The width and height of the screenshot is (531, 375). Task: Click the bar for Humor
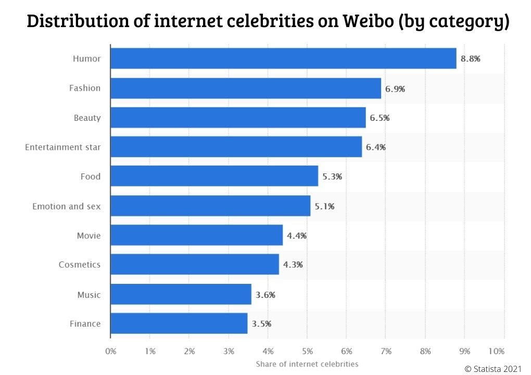pos(283,58)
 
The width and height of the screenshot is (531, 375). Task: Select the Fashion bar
pos(246,88)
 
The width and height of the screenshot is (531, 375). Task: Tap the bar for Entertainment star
pos(236,147)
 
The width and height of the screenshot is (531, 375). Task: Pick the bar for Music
pos(181,294)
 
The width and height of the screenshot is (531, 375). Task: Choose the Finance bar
pos(179,323)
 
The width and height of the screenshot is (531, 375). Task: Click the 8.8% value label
pos(470,59)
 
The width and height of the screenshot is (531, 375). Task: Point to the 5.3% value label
pos(332,177)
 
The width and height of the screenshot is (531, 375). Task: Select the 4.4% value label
pos(297,235)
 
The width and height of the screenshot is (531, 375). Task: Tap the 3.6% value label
pos(265,295)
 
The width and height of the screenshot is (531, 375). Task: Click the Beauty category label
pos(87,118)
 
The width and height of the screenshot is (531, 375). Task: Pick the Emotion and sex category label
pos(67,206)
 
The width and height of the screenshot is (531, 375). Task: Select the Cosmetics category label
pos(79,265)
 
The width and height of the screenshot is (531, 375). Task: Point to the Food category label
pos(90,177)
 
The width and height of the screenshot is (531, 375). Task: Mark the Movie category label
pos(88,236)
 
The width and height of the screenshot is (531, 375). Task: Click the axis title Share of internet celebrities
pos(307,364)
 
